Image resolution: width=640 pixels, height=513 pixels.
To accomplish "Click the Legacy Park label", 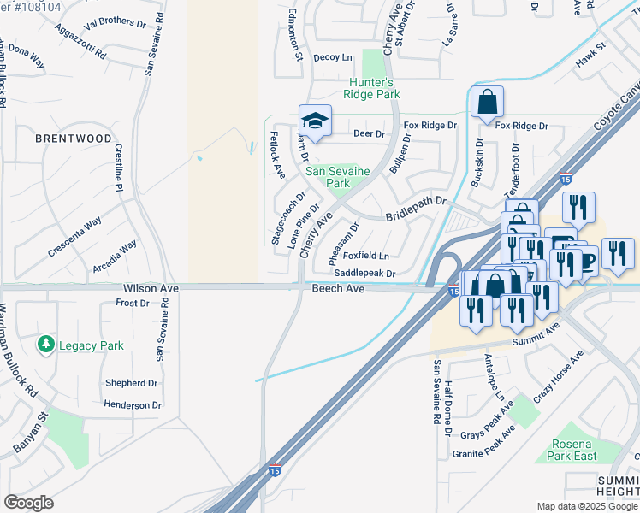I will click(x=91, y=346).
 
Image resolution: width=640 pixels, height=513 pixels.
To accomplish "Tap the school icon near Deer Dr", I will click(x=315, y=121).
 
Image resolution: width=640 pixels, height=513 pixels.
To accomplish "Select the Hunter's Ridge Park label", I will click(x=374, y=89).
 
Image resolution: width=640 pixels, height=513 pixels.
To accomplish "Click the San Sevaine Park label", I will click(x=339, y=177).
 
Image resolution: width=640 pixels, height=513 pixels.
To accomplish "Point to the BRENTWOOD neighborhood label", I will click(x=73, y=139).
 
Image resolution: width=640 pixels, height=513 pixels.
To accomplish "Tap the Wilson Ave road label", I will click(x=151, y=290).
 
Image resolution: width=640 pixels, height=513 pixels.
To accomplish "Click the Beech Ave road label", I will click(x=338, y=290).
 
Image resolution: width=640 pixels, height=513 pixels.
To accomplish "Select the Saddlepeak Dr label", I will click(x=364, y=274).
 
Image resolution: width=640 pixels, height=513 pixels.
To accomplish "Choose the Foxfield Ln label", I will click(x=368, y=256).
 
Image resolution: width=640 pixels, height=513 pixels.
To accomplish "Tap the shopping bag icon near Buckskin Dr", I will click(x=487, y=103).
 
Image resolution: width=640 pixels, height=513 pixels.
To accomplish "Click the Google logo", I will click(x=28, y=503).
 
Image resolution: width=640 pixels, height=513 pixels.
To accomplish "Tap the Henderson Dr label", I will click(x=133, y=405).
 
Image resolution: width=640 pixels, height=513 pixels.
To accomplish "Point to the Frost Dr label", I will click(x=133, y=304).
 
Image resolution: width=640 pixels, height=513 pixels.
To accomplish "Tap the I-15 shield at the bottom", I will click(x=274, y=470).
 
